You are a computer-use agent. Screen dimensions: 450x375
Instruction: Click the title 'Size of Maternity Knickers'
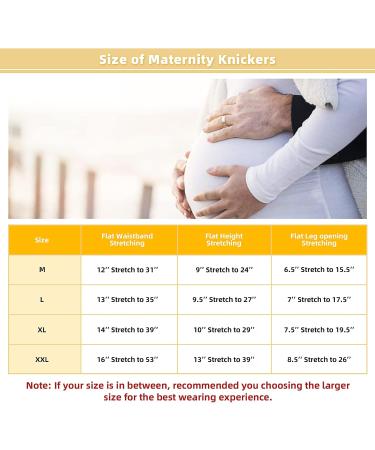(187, 60)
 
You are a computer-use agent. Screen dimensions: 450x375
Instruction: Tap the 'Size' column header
(41, 240)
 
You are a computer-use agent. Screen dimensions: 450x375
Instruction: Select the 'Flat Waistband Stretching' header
(127, 240)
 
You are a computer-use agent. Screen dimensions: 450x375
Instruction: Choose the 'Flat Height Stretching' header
(223, 240)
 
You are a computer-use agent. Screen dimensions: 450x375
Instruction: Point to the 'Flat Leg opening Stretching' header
(319, 240)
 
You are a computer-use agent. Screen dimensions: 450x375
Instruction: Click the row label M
(41, 270)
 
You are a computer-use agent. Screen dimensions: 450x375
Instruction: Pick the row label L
(41, 299)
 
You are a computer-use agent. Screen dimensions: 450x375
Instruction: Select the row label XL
(41, 329)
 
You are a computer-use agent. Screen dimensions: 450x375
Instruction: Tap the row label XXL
(41, 358)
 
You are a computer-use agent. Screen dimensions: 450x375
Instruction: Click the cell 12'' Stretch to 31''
(127, 270)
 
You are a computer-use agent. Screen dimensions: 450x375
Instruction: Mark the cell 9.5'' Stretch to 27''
(223, 299)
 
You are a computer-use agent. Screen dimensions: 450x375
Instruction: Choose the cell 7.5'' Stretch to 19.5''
(319, 329)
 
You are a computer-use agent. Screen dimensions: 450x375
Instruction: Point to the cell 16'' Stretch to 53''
(127, 358)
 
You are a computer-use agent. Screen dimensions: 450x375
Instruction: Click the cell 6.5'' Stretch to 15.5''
(319, 270)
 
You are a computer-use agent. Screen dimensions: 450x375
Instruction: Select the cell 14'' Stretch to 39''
(127, 329)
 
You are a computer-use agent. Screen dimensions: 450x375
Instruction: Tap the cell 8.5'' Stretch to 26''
(319, 358)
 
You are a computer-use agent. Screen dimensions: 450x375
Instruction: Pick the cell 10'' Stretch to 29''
(223, 329)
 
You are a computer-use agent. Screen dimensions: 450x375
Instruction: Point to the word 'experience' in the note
(238, 397)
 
